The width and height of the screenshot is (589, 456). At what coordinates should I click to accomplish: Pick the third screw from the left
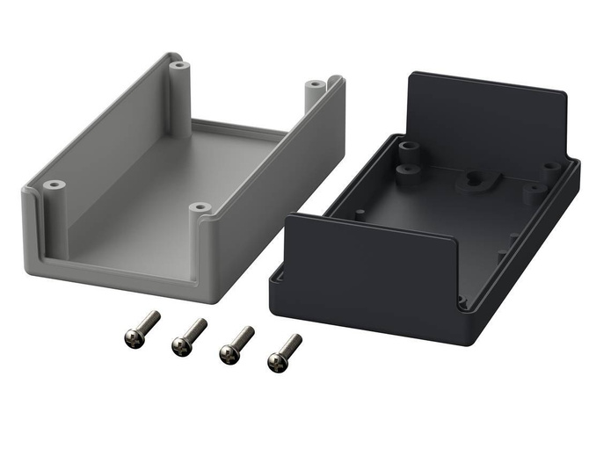click(x=229, y=352)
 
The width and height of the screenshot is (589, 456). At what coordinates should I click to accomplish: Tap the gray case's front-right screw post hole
click(x=200, y=209)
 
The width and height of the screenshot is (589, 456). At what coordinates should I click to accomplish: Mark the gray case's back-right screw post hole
click(x=315, y=85)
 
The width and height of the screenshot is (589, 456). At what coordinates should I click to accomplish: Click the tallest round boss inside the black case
click(x=407, y=167)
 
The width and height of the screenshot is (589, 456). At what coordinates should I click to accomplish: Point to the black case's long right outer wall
click(x=527, y=255)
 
